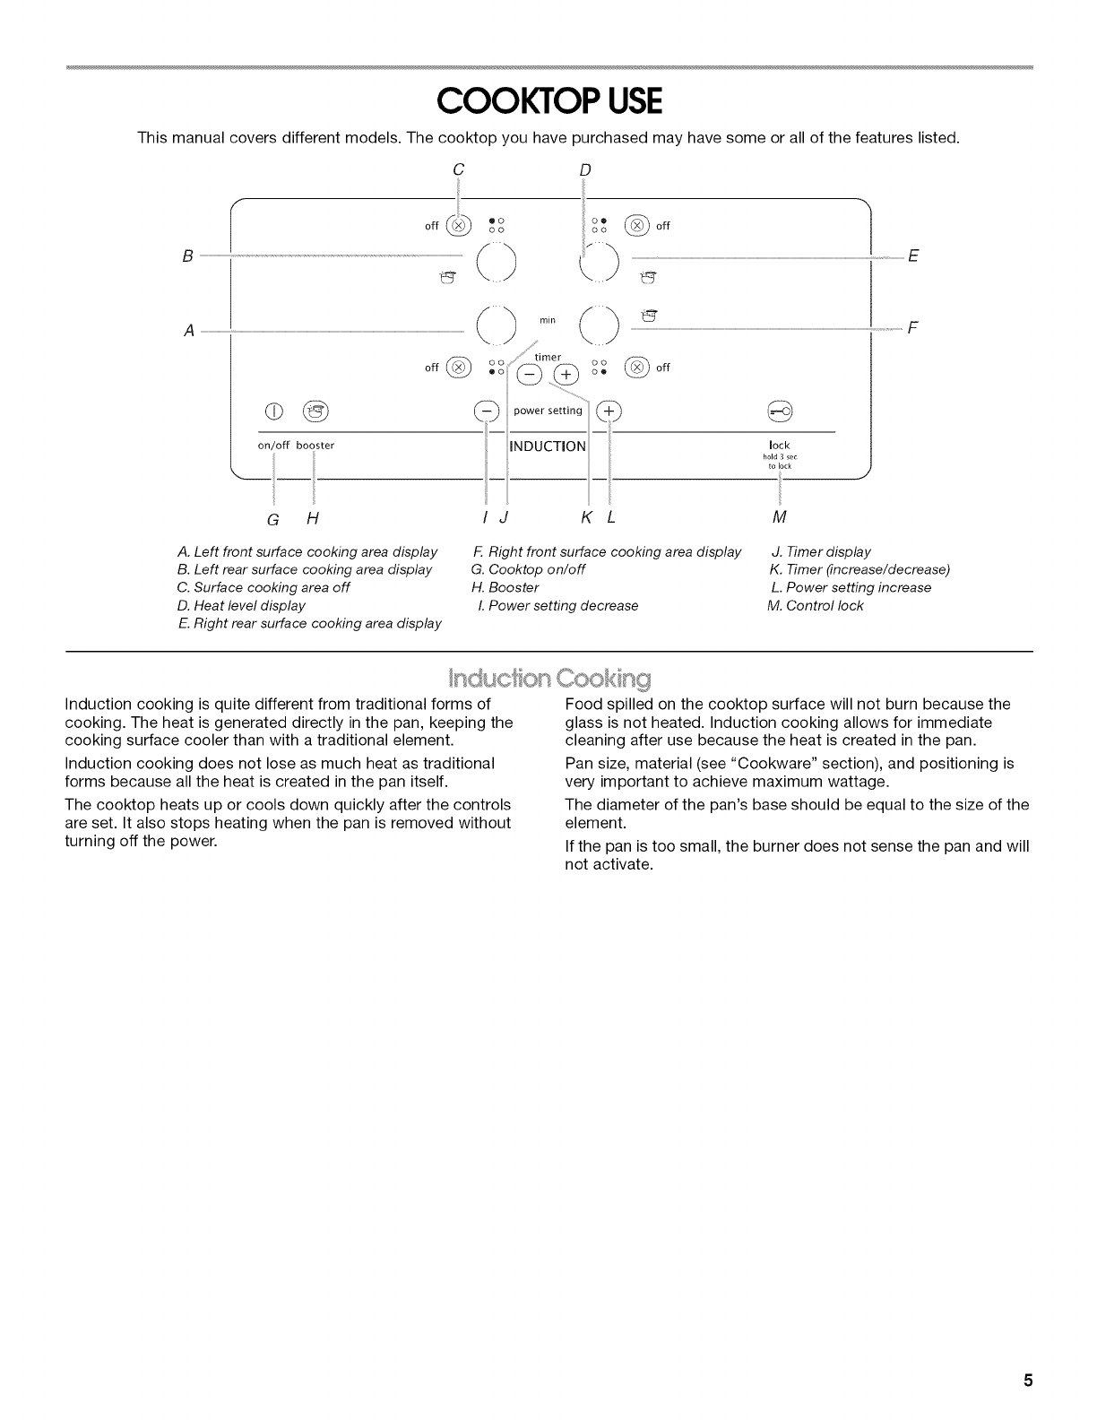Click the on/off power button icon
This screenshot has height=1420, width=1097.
pos(272,411)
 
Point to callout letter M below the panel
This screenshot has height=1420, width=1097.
pos(779,517)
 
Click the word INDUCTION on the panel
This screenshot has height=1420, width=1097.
pos(547,446)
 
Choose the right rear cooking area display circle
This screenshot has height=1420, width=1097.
pos(600,259)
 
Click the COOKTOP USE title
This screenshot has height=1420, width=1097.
pos(548,102)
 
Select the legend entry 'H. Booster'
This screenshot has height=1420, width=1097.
pos(505,587)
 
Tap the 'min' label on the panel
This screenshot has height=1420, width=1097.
pos(548,320)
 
